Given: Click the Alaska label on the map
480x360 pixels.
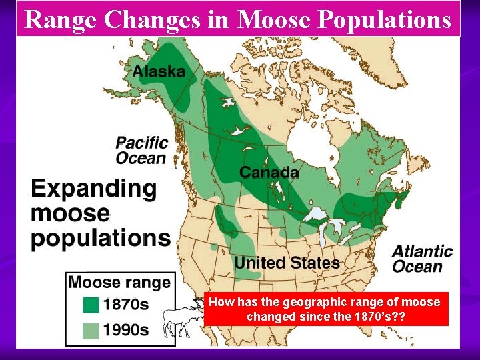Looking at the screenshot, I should (x=159, y=70).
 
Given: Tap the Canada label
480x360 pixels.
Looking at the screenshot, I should (x=269, y=172).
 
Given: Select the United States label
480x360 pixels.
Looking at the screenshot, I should (x=287, y=263).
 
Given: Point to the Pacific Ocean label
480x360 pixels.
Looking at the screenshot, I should (x=141, y=150).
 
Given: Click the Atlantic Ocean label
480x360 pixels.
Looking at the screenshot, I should (x=422, y=259).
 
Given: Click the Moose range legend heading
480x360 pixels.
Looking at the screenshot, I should (x=119, y=283).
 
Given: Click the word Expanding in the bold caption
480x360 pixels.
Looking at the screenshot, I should (x=94, y=189).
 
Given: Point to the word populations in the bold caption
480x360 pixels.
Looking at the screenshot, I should (x=101, y=237).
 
